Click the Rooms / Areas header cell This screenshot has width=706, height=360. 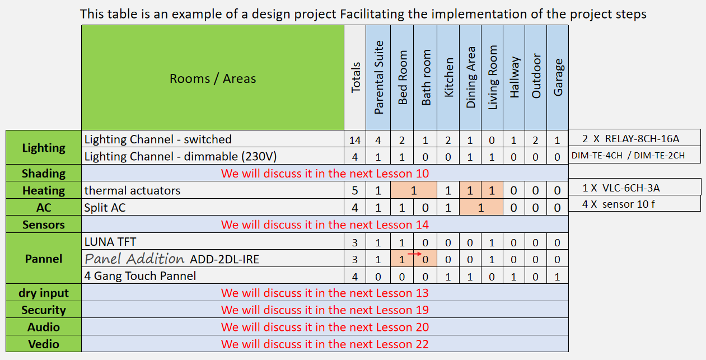(213, 78)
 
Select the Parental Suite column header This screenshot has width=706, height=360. (378, 78)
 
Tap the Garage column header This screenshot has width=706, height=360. (558, 78)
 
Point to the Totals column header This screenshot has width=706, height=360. (355, 78)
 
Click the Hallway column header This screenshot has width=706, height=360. (514, 78)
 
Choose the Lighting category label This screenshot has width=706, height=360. (44, 148)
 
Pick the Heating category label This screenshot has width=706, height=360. (44, 190)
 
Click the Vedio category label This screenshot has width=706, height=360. (44, 344)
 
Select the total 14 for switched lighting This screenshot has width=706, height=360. (355, 140)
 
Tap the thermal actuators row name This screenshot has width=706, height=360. (132, 190)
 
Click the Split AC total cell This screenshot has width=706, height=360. (355, 207)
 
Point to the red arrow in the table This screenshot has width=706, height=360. (415, 254)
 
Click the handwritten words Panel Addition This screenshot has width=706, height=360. (134, 259)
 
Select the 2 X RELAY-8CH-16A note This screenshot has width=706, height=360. (630, 139)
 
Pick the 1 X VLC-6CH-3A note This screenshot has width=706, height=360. (621, 188)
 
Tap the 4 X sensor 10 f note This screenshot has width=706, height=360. (619, 204)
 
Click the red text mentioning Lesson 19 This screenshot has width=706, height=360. (325, 310)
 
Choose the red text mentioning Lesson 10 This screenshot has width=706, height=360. (325, 174)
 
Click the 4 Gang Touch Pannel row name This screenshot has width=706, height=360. (140, 276)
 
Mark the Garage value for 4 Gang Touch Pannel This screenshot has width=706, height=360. (557, 277)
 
